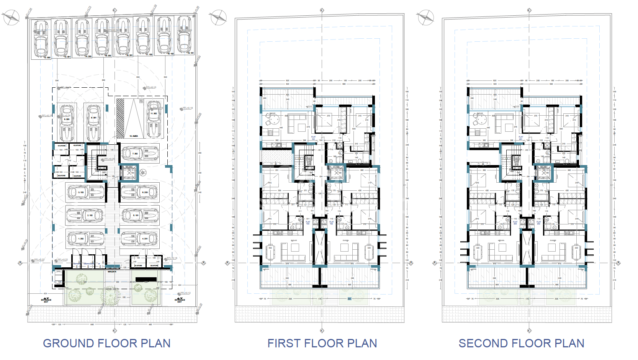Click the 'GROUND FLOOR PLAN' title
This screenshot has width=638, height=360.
pos(106,343)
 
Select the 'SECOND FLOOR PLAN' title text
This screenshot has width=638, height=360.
pos(521,343)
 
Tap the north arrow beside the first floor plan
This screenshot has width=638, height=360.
pos(218,18)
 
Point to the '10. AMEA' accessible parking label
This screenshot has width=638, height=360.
pos(134,136)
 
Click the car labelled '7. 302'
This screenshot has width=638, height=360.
pos(140,154)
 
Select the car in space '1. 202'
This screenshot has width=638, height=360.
pos(85,239)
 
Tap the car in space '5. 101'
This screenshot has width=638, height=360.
pos(140,216)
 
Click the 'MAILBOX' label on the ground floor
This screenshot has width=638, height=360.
pos(112,272)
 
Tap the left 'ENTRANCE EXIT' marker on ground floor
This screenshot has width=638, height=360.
pos(46,300)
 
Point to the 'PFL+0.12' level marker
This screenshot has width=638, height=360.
pos(185,293)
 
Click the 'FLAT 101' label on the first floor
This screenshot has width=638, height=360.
pos(313,137)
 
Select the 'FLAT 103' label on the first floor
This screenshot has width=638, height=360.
pos(308,223)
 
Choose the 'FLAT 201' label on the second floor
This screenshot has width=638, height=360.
pos(521,137)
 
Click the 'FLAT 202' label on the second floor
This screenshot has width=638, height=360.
pos(538,223)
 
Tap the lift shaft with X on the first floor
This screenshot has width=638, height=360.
pos(336,173)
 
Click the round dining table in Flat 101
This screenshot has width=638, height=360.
pos(273,120)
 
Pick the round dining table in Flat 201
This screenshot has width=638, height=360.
pos(481,120)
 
